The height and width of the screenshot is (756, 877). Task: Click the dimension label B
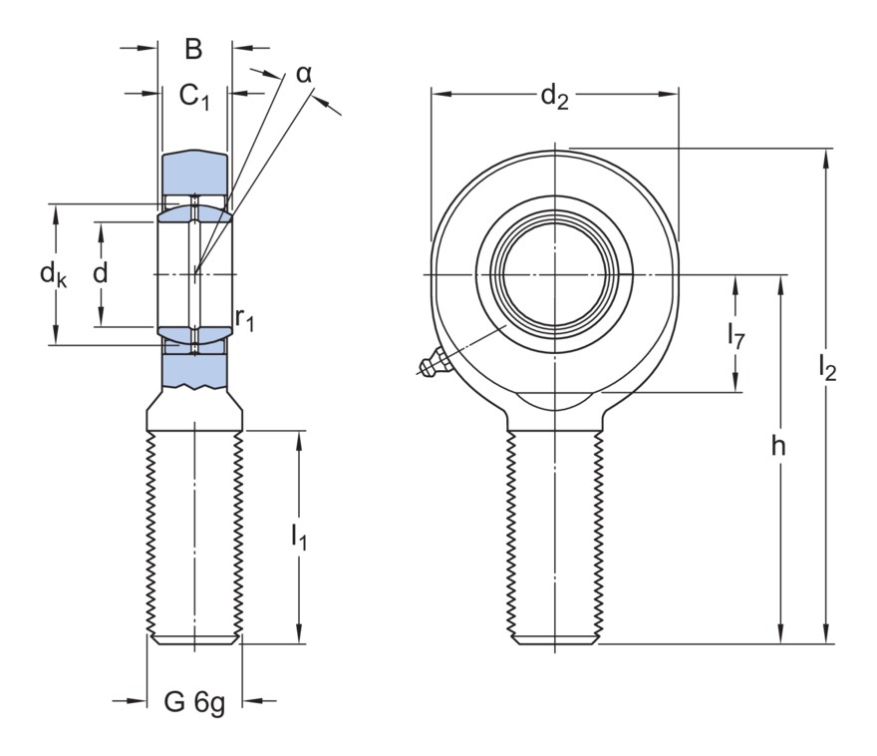pyautogui.click(x=193, y=48)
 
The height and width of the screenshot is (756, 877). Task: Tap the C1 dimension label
pyautogui.click(x=194, y=96)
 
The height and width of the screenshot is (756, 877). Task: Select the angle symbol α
pyautogui.click(x=304, y=74)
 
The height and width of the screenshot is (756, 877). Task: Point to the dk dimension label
pyautogui.click(x=54, y=273)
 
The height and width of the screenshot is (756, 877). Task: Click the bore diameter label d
pyautogui.click(x=100, y=273)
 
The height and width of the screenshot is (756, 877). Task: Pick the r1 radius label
pyautogui.click(x=245, y=319)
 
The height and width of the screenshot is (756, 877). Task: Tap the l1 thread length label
pyautogui.click(x=298, y=537)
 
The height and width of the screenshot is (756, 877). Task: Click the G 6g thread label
pyautogui.click(x=194, y=702)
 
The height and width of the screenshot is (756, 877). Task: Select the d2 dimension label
pyautogui.click(x=554, y=97)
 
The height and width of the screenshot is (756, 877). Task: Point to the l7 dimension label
pyautogui.click(x=735, y=334)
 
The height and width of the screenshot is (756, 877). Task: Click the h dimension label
pyautogui.click(x=778, y=446)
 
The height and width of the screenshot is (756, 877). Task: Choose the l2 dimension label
pyautogui.click(x=826, y=367)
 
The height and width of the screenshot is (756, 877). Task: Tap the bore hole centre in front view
pyautogui.click(x=554, y=273)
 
